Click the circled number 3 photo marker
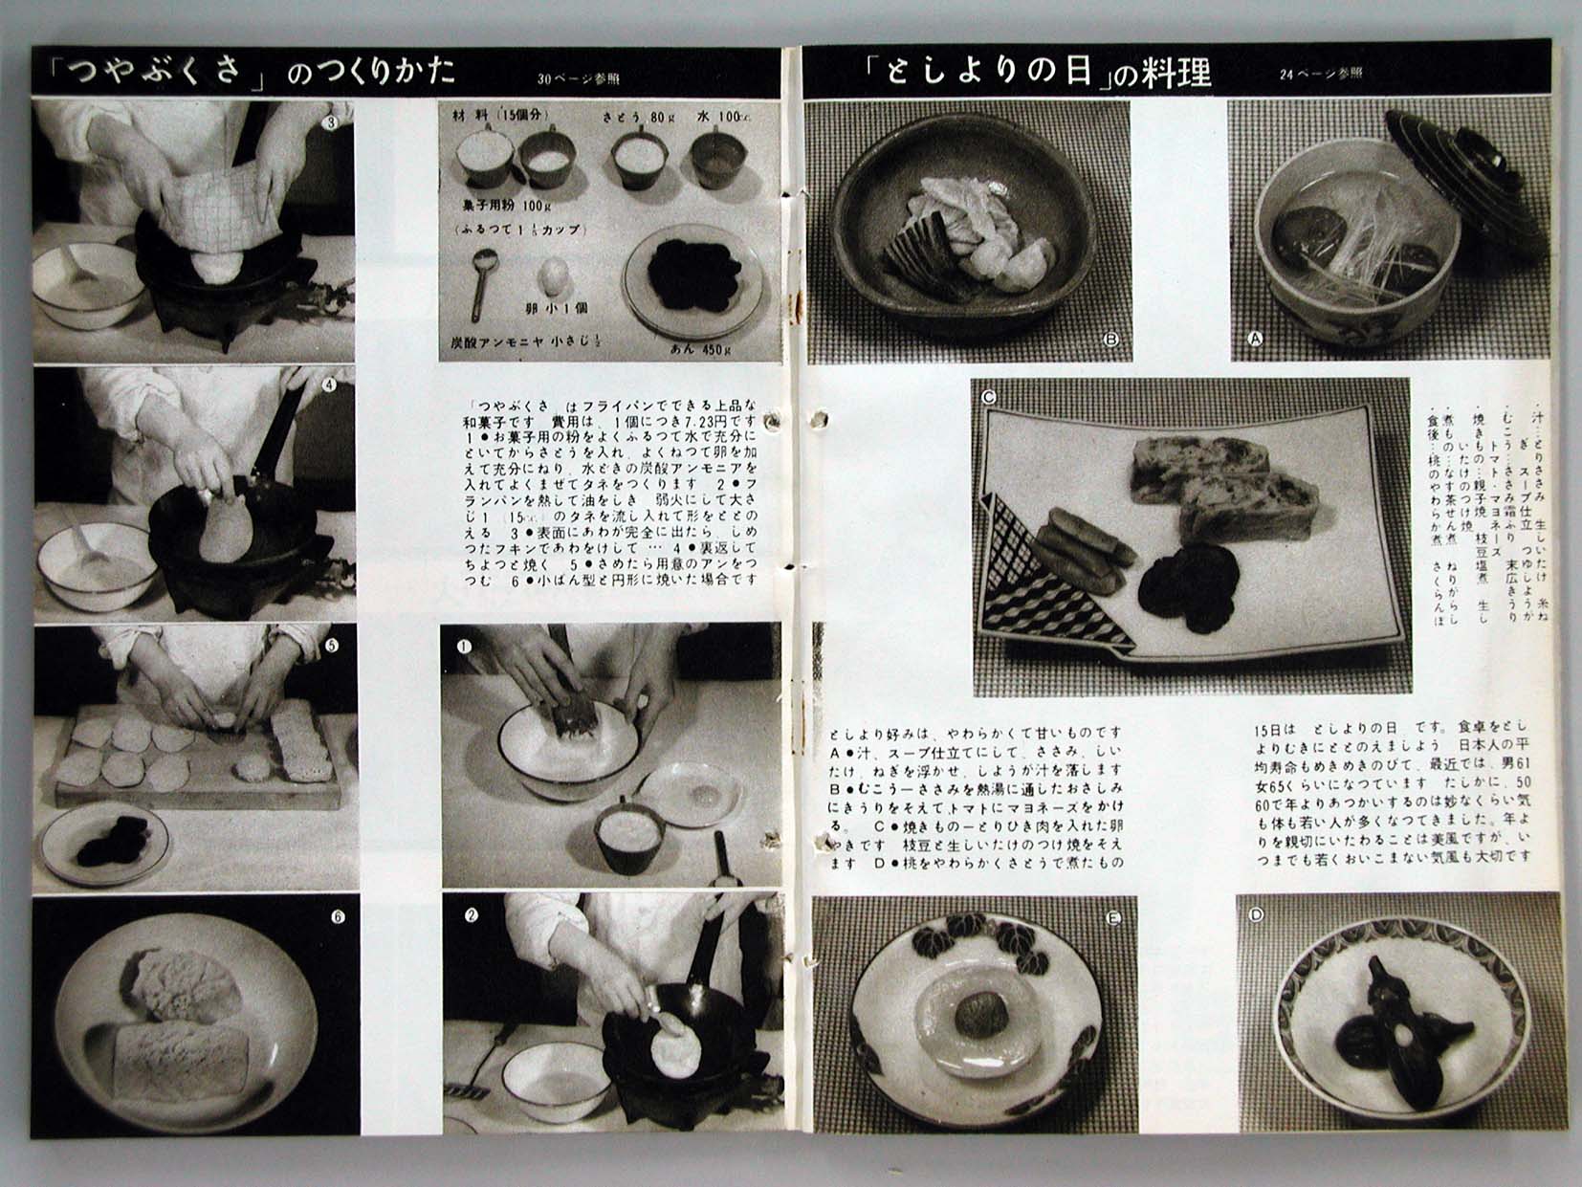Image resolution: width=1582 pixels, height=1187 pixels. pos(331,122)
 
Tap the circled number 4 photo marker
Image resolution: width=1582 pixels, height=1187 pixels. pos(330,385)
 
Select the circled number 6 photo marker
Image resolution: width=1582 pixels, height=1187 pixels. pos(337,916)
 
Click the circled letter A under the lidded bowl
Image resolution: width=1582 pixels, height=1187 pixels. pos(1255,337)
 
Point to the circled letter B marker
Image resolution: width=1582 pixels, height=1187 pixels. pos(1111,338)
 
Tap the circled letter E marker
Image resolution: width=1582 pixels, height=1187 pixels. pos(1112,918)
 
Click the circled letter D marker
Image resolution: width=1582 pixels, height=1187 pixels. pos(1257,914)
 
